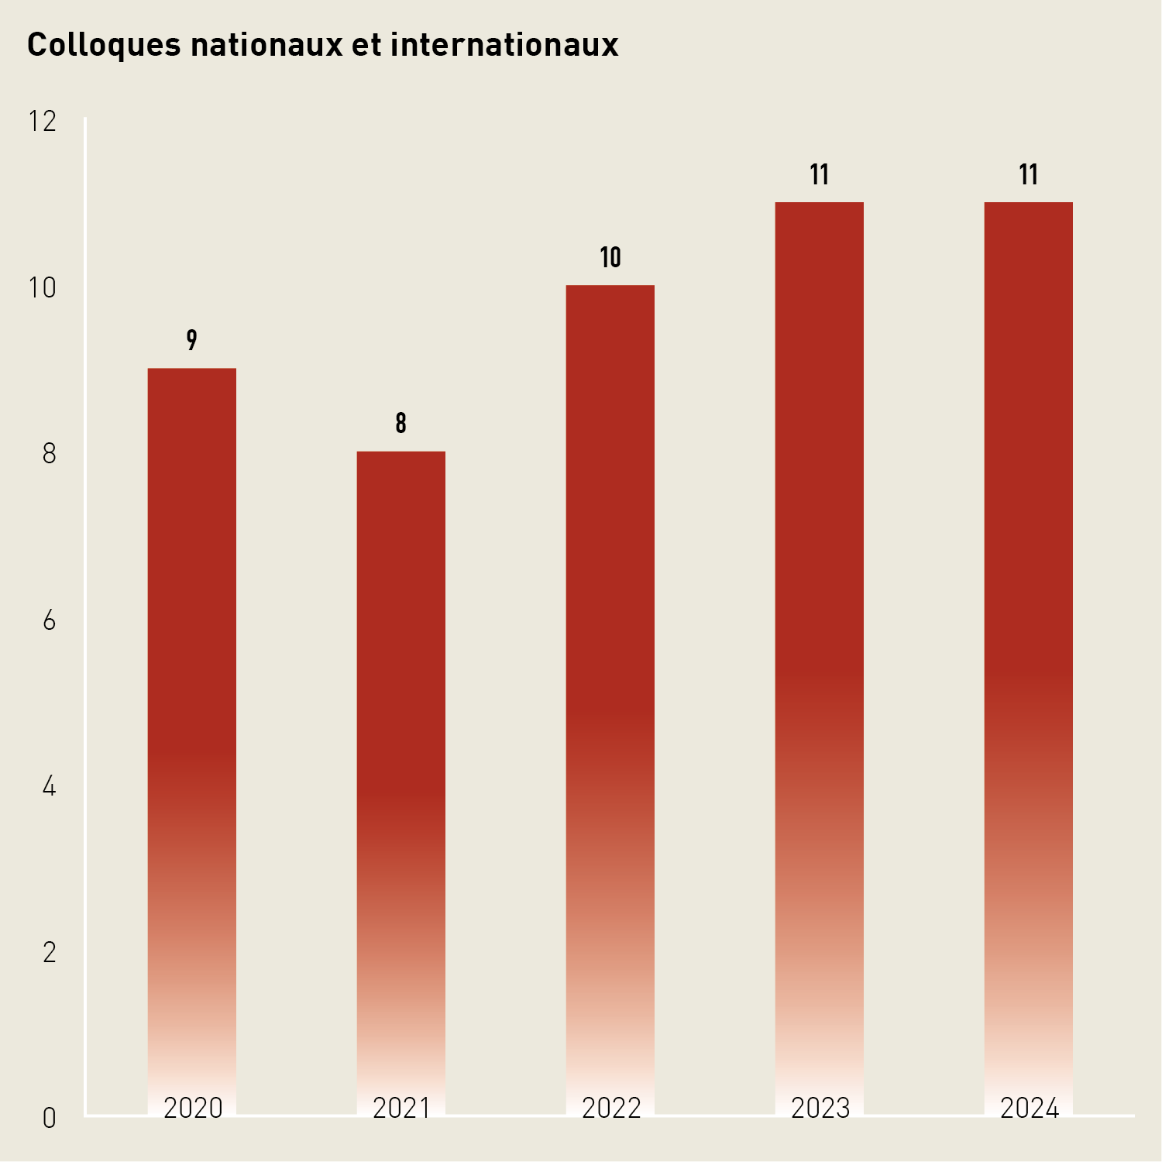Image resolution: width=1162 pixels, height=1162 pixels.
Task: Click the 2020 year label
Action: [193, 1109]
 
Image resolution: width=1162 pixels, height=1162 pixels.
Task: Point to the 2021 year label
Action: [401, 1109]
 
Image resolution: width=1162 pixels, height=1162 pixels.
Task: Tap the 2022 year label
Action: [611, 1109]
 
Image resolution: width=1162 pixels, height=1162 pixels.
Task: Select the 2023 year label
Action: [820, 1109]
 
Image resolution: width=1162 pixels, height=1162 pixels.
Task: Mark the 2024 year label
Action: [1030, 1109]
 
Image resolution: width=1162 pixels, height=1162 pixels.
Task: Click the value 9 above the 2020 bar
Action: [192, 340]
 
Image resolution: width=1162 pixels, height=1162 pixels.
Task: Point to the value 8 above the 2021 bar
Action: [401, 423]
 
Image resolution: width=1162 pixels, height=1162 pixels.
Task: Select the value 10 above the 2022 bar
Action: [610, 257]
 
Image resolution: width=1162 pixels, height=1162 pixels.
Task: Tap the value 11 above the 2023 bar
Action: [820, 175]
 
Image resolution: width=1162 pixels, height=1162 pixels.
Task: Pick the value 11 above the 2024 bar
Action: [1029, 175]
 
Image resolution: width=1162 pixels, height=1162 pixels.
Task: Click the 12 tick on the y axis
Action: [43, 122]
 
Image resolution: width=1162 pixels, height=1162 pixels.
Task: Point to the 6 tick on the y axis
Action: [50, 621]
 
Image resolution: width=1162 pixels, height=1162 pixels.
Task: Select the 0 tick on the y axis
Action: [50, 1119]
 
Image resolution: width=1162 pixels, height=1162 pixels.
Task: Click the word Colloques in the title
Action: [104, 45]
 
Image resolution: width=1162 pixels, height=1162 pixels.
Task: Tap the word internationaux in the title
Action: [504, 45]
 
